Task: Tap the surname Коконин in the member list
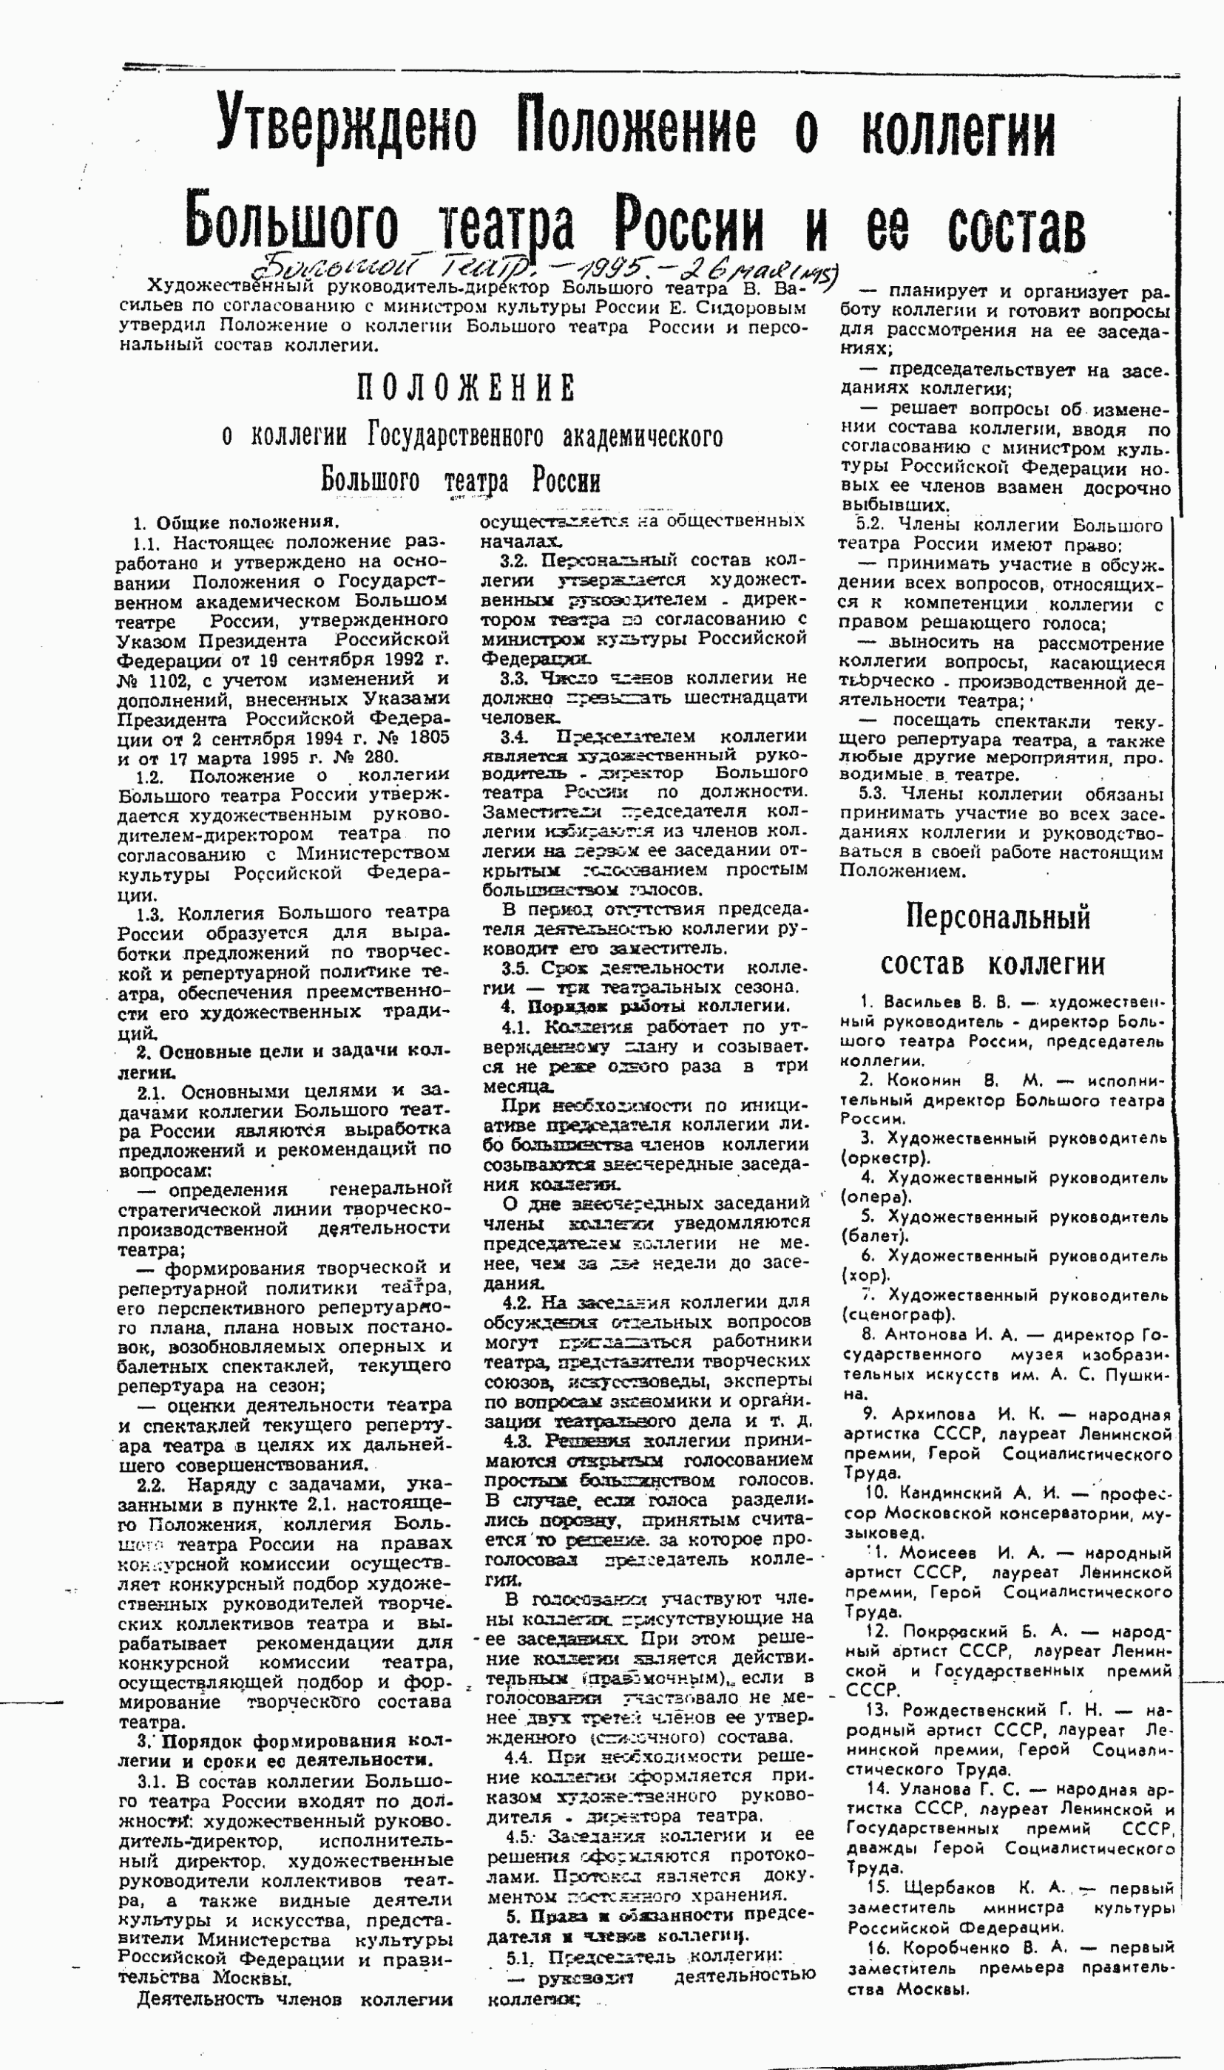tap(924, 1081)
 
